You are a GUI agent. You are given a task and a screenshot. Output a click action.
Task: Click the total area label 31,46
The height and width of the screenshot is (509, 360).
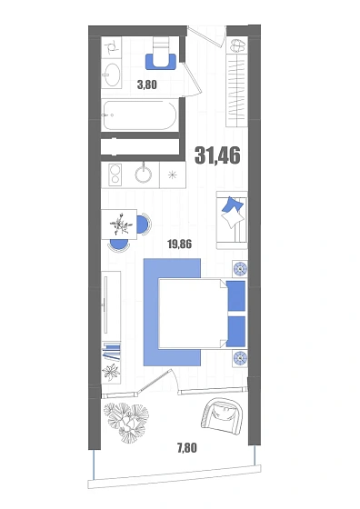pos(217,155)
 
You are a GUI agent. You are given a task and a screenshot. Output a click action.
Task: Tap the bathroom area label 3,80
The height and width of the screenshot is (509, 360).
pos(147,85)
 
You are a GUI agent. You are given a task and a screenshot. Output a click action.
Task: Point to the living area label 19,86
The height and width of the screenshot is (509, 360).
pos(179,244)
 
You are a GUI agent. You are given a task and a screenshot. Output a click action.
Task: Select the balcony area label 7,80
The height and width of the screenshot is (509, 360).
pos(187,448)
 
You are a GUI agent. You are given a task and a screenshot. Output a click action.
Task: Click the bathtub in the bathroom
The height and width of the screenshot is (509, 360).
pos(140,115)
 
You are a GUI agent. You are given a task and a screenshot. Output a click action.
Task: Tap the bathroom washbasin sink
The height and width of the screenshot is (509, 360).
pos(111,75)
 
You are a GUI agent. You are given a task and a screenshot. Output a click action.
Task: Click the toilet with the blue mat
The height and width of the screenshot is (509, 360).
pos(161,54)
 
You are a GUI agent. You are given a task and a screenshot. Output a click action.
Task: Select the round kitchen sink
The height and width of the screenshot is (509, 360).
pos(144,175)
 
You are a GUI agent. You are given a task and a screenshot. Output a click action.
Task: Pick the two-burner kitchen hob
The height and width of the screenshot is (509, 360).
pos(115,175)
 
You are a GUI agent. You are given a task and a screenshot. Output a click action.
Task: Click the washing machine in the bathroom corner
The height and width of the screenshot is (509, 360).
pos(111,47)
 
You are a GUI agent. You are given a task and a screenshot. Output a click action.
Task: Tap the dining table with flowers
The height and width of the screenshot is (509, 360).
pos(119,224)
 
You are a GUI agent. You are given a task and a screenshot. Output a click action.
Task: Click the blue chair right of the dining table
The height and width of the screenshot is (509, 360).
pos(144,225)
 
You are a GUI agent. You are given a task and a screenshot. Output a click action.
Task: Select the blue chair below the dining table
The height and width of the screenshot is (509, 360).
pos(118,245)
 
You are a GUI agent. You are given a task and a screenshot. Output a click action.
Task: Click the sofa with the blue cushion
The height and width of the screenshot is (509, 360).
pos(232,220)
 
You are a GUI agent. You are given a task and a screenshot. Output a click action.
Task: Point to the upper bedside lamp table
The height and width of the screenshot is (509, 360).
pos(240,269)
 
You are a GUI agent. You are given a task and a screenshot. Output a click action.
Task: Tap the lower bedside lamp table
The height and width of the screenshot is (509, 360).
pos(240,358)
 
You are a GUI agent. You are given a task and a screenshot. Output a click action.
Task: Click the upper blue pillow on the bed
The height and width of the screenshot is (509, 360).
pos(236,295)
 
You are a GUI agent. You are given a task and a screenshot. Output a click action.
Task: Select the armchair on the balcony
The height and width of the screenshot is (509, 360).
pos(222,416)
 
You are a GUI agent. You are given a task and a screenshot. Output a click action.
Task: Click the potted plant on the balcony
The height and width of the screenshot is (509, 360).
pos(127,421)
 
